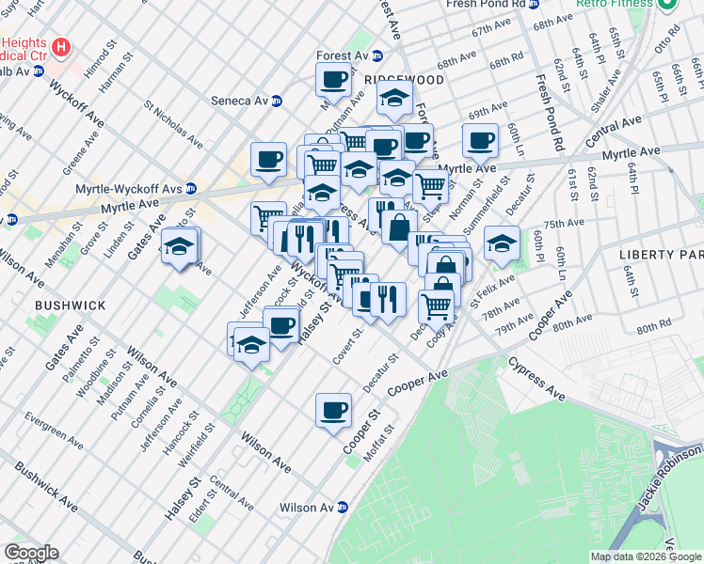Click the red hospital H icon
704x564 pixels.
click(61, 46)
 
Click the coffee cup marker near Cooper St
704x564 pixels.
click(333, 411)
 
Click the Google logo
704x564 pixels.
click(30, 553)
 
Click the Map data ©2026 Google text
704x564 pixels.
click(645, 556)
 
